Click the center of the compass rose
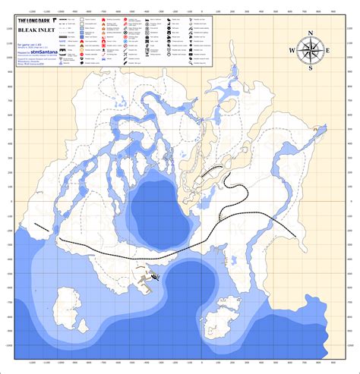[x=310, y=50]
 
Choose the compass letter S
[x=310, y=68]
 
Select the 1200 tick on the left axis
[x=9, y=29]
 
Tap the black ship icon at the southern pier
[x=155, y=276]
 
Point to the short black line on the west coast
[x=43, y=226]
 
